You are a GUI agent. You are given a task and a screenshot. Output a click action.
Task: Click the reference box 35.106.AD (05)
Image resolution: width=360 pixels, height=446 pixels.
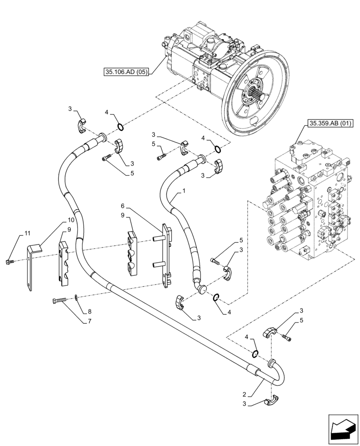pyautogui.click(x=126, y=71)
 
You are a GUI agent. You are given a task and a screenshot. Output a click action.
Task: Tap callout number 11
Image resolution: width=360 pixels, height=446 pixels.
pyautogui.click(x=27, y=234)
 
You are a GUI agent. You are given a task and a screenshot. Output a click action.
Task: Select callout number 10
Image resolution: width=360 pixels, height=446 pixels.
pyautogui.click(x=71, y=220)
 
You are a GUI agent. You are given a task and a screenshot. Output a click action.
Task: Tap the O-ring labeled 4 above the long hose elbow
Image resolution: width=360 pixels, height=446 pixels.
pyautogui.click(x=255, y=354)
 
